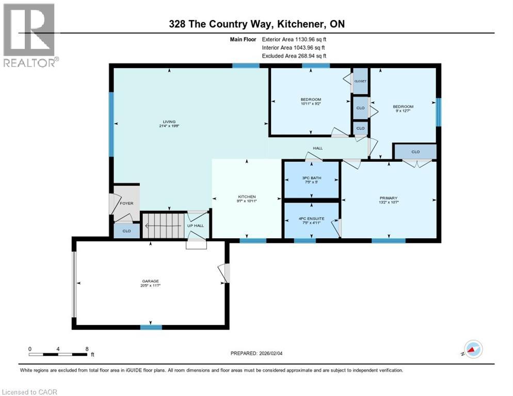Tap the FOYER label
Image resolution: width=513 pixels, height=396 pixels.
click(x=126, y=203)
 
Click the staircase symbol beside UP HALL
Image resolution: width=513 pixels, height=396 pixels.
click(x=162, y=225)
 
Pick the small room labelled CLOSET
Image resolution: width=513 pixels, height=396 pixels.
click(x=360, y=81)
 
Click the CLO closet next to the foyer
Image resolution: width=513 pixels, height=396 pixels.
click(x=126, y=232)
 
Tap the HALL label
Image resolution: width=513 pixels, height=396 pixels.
click(x=317, y=148)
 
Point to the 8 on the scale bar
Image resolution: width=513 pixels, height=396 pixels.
click(x=87, y=349)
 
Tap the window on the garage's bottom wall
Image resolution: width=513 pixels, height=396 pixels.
click(x=151, y=327)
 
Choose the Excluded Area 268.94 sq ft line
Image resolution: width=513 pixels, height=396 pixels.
click(x=294, y=56)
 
